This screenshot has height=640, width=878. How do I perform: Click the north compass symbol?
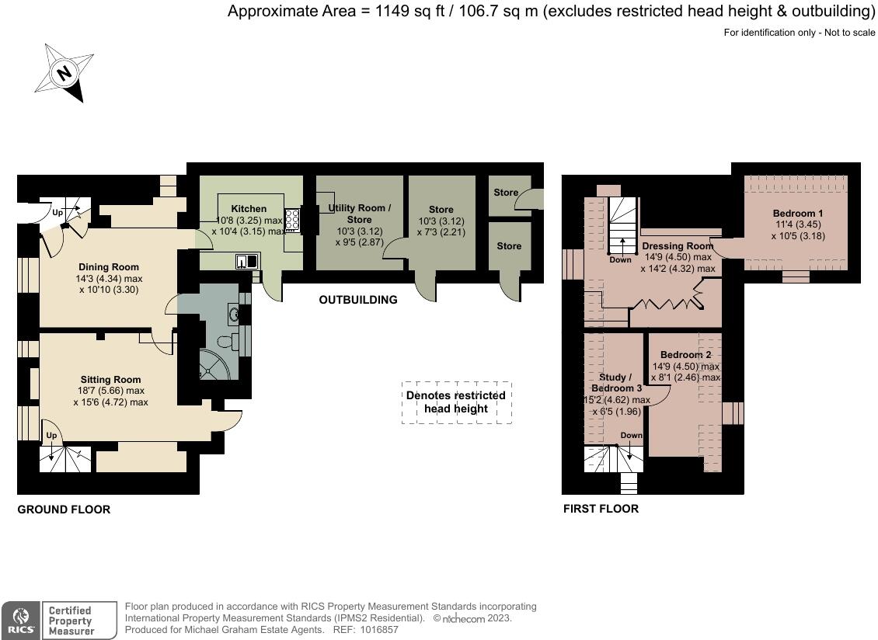point(64,73)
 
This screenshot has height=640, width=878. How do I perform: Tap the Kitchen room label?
point(249,209)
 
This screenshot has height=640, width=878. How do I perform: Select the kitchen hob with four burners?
point(292,220)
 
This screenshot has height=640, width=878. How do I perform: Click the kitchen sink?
point(246,261)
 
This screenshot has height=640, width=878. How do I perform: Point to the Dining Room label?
point(109,267)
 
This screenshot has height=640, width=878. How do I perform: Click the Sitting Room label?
point(110,380)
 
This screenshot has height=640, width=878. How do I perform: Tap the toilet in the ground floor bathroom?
point(225,342)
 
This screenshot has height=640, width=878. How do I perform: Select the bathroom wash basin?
point(235,315)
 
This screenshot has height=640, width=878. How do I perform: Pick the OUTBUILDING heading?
point(358,300)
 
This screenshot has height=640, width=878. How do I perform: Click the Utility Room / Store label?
point(360,214)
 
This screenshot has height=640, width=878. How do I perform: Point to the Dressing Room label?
point(678,245)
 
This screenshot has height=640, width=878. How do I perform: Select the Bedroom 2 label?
point(686,355)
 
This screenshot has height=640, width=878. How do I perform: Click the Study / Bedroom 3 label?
point(616,383)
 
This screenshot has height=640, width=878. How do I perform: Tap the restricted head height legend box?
point(456,402)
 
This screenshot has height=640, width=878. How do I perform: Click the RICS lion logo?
point(21,620)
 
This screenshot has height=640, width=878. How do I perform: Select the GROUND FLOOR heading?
point(64,510)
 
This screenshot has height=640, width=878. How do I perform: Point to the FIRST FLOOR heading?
point(601,509)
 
